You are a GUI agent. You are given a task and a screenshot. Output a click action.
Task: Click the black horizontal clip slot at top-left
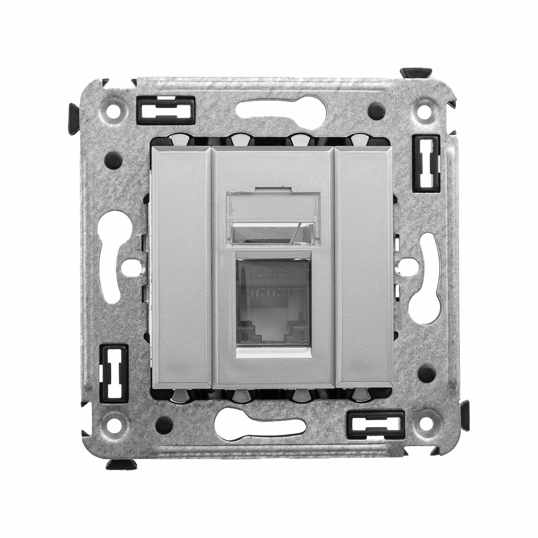tap(165, 110)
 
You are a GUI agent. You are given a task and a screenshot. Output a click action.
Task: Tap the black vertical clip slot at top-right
tap(426, 163)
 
